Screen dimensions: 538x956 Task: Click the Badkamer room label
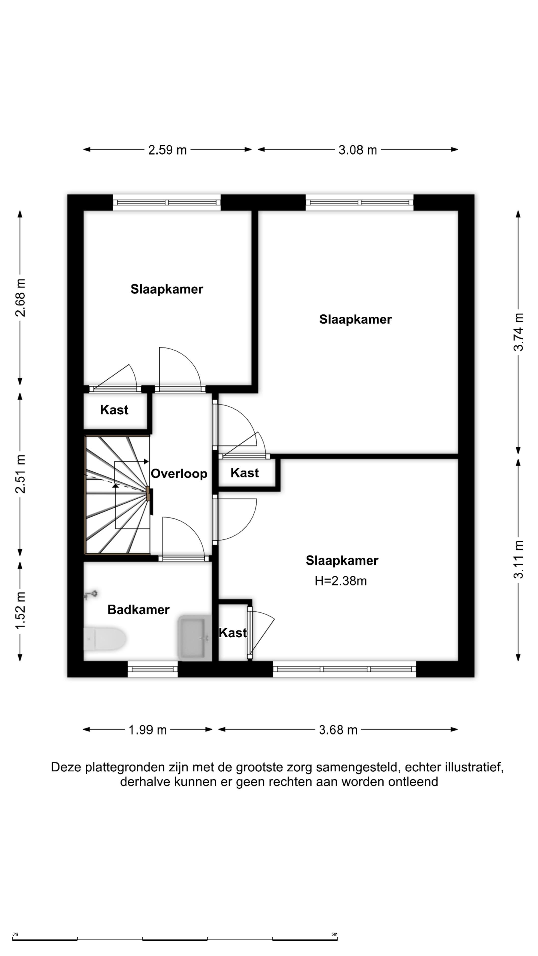138,609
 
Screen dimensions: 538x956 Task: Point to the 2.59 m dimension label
167,150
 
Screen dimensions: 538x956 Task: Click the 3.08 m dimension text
358,150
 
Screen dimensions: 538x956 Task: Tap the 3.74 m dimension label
518,332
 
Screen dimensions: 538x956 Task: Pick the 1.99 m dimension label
147,730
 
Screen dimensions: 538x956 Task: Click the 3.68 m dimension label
338,730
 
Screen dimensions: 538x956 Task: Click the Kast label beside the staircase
114,410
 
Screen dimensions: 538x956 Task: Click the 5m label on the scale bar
334,934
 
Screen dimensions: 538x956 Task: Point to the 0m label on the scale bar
15,934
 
